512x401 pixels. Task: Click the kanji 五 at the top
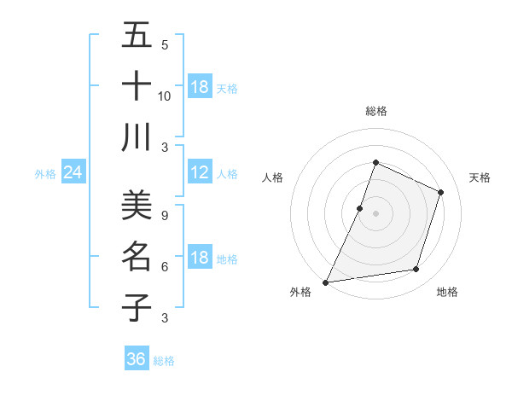point(137,35)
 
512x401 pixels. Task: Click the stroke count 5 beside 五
point(165,44)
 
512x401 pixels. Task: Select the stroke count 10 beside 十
point(165,96)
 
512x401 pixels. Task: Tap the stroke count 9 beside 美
point(165,215)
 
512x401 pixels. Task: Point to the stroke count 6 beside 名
point(165,266)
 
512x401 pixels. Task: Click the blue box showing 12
point(200,173)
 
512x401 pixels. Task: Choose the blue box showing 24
point(73,173)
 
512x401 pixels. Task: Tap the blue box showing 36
point(137,359)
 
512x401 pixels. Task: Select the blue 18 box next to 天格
point(200,87)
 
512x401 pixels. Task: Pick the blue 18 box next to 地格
point(200,259)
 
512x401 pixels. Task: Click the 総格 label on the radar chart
point(375,111)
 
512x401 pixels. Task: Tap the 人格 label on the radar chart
point(273,177)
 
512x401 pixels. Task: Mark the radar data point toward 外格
point(325,282)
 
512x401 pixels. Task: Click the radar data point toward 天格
point(441,192)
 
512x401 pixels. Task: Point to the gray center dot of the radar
point(375,213)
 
